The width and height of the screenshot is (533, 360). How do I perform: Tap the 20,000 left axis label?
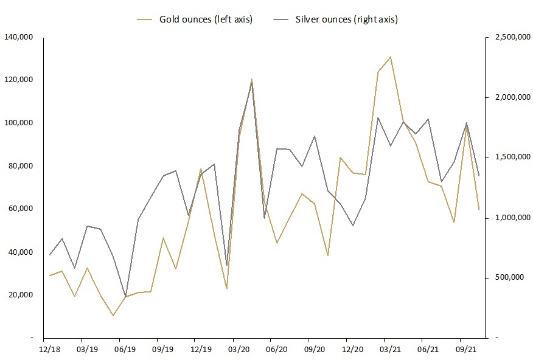[x=23, y=295]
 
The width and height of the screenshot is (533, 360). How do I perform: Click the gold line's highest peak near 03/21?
[x=390, y=57]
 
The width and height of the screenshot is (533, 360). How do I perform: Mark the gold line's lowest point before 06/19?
[x=113, y=316]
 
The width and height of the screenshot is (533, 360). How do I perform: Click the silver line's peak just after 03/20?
[x=252, y=82]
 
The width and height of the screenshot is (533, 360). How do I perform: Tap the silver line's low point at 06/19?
[x=126, y=297]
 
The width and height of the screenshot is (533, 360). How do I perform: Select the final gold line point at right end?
[x=479, y=210]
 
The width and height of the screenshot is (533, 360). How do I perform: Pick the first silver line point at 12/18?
[x=49, y=255]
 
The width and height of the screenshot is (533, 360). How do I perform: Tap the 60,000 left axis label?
[x=23, y=209]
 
